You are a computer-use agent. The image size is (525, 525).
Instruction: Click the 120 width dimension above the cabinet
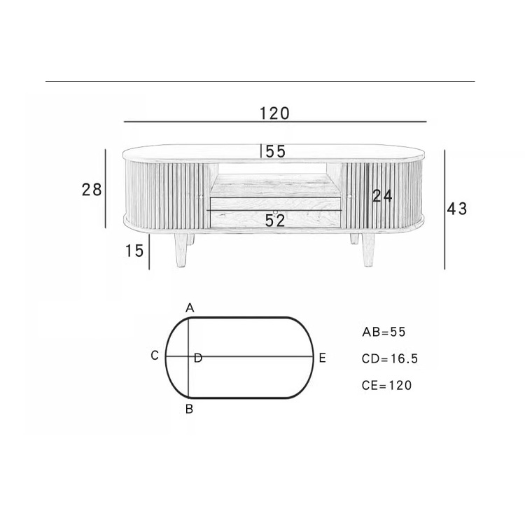274,113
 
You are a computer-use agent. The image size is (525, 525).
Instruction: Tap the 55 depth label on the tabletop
276,151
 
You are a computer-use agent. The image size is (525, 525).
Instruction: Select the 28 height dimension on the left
92,190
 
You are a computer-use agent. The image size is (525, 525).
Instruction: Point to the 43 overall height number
456,209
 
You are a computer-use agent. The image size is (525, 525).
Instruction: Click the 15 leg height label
134,251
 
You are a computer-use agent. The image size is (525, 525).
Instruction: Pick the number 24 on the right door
382,196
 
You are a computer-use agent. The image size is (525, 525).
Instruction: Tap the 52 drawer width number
275,220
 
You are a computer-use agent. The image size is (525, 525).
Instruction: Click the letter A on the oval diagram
190,308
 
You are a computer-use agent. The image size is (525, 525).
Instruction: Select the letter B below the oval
189,409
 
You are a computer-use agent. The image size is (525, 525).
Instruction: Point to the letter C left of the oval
155,356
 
